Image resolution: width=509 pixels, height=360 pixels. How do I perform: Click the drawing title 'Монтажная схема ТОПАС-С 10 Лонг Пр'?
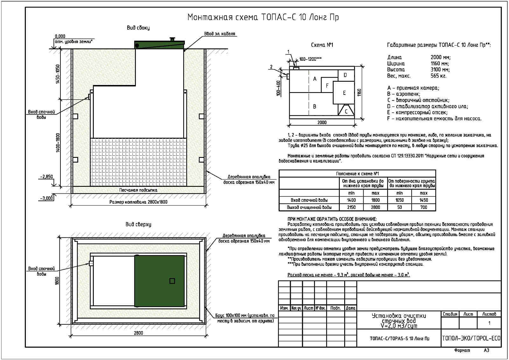[x=263, y=17]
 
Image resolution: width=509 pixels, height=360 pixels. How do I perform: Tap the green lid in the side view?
[x=159, y=45]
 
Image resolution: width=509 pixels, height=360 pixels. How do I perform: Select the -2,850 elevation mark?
[x=47, y=177]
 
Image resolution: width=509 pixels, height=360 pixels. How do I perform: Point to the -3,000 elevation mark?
[x=47, y=198]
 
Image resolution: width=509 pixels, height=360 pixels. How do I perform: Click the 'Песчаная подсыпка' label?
[x=138, y=190]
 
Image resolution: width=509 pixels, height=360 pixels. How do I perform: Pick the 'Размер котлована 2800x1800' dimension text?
[x=138, y=202]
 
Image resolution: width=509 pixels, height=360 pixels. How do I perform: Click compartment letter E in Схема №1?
[x=344, y=93]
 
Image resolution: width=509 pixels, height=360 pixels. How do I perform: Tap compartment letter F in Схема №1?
[x=327, y=86]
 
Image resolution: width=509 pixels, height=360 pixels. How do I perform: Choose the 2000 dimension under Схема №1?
[x=322, y=122]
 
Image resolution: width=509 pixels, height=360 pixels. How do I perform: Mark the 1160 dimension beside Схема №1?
[x=359, y=93]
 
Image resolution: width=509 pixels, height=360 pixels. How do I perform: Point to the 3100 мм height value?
[x=440, y=69]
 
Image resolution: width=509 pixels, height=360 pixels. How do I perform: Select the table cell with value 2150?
[x=351, y=207]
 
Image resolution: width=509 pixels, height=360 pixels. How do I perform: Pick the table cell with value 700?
[x=423, y=207]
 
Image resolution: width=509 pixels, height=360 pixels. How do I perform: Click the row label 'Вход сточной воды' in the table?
[x=309, y=200]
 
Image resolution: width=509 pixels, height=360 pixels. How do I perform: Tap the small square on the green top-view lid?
[x=172, y=281]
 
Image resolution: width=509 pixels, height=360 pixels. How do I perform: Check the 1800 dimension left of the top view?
[x=58, y=280]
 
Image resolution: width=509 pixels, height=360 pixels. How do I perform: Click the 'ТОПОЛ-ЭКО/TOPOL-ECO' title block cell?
[x=471, y=338]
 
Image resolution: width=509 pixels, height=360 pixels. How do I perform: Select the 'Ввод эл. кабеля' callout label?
[x=220, y=34]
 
